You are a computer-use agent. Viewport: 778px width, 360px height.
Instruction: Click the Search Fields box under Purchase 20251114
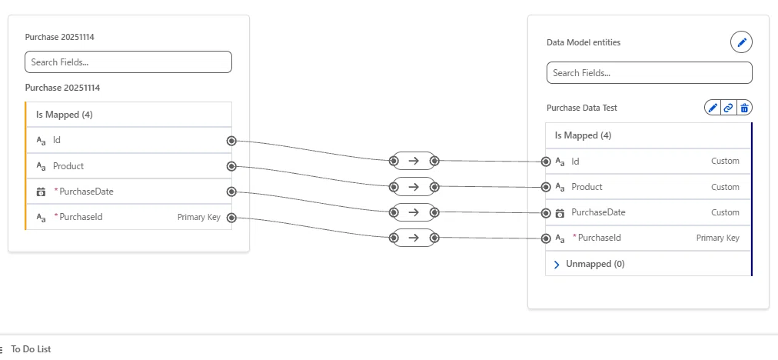pyautogui.click(x=128, y=62)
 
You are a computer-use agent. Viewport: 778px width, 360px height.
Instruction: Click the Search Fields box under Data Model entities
pyautogui.click(x=649, y=73)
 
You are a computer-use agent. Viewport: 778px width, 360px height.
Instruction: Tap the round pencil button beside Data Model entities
pyautogui.click(x=741, y=42)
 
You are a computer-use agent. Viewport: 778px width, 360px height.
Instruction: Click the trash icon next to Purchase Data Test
pyautogui.click(x=744, y=107)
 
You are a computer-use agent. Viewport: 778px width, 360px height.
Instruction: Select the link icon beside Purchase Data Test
pyautogui.click(x=728, y=107)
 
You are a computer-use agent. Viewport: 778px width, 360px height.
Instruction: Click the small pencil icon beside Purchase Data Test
pyautogui.click(x=713, y=107)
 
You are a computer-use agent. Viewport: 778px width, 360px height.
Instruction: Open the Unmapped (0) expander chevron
pyautogui.click(x=557, y=264)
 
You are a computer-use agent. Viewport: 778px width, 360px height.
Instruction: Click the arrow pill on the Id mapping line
pyautogui.click(x=414, y=161)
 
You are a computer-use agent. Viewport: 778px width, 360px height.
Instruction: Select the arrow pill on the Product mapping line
pyautogui.click(x=414, y=187)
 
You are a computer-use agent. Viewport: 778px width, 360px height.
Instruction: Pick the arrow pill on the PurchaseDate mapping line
pyautogui.click(x=414, y=212)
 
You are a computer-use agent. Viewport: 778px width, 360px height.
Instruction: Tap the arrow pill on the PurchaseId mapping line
pyautogui.click(x=414, y=238)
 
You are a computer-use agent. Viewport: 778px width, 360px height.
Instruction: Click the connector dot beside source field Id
pyautogui.click(x=231, y=141)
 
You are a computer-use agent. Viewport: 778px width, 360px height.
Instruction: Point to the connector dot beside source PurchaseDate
pyautogui.click(x=231, y=192)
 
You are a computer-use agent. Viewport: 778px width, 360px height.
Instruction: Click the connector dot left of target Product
pyautogui.click(x=546, y=187)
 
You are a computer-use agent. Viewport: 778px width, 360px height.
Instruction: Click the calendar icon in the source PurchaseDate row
pyautogui.click(x=42, y=192)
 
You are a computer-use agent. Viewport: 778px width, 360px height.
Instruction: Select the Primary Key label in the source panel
pyautogui.click(x=199, y=217)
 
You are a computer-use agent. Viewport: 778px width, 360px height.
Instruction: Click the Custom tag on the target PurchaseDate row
pyautogui.click(x=725, y=212)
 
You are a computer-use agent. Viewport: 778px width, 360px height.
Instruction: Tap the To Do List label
pyautogui.click(x=31, y=349)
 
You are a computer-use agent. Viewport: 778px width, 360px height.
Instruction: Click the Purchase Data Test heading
pyautogui.click(x=581, y=108)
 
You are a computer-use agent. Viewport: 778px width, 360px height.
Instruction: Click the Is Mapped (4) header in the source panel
pyautogui.click(x=65, y=115)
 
